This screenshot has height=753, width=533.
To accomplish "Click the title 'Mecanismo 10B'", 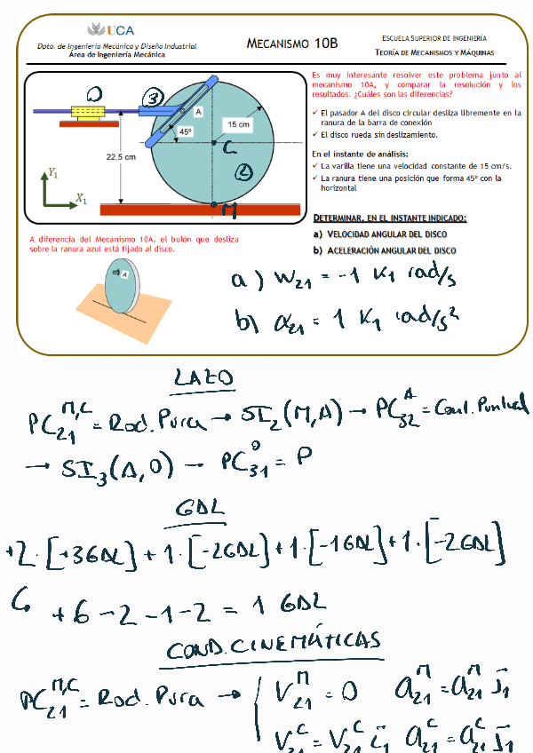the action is (x=291, y=43).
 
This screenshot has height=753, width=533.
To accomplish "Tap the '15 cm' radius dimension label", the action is (x=238, y=124).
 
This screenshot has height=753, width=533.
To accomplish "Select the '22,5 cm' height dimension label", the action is (x=121, y=157).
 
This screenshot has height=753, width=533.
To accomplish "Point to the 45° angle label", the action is (x=186, y=131).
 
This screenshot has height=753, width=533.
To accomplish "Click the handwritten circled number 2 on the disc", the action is (x=245, y=172).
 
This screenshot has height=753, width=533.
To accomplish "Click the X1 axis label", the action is (x=81, y=200).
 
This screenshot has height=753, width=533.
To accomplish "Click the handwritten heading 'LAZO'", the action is (x=203, y=380).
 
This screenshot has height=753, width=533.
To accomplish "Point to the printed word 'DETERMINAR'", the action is (x=343, y=218).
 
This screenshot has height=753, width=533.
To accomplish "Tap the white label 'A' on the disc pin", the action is (x=198, y=111).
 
